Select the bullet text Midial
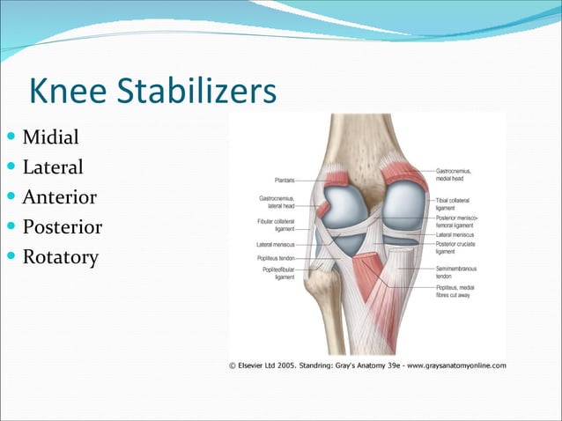pos(50,137)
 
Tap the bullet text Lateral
pos(53,167)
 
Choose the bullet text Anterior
pos(59,197)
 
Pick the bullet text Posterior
pos(62,227)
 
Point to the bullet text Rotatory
pos(60,257)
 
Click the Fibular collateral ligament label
pos(276,224)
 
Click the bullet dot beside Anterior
pos(11,197)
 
